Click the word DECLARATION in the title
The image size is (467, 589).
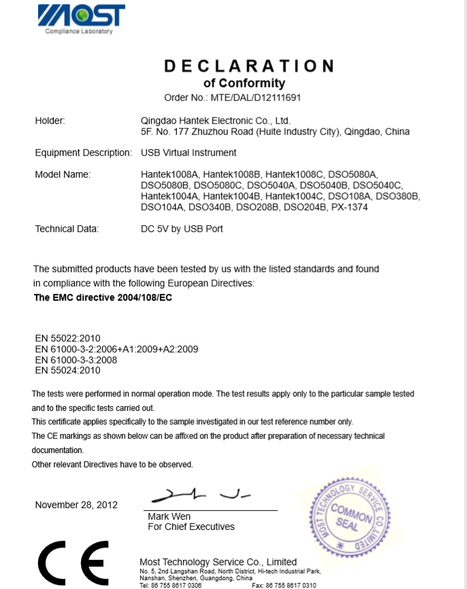pyautogui.click(x=249, y=66)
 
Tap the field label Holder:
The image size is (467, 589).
pyautogui.click(x=50, y=120)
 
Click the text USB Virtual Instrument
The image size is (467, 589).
pyautogui.click(x=189, y=152)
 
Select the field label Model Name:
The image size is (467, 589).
pyautogui.click(x=63, y=175)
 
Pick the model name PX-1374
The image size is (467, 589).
pyautogui.click(x=351, y=207)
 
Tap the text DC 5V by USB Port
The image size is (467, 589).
pyautogui.click(x=182, y=229)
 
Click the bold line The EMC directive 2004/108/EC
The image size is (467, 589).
pyautogui.click(x=103, y=297)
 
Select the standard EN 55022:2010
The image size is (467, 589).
pyautogui.click(x=67, y=338)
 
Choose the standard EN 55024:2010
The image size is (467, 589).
pyautogui.click(x=67, y=371)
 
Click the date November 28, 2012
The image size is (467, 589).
pyautogui.click(x=76, y=505)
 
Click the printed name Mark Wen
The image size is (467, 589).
pyautogui.click(x=169, y=517)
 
